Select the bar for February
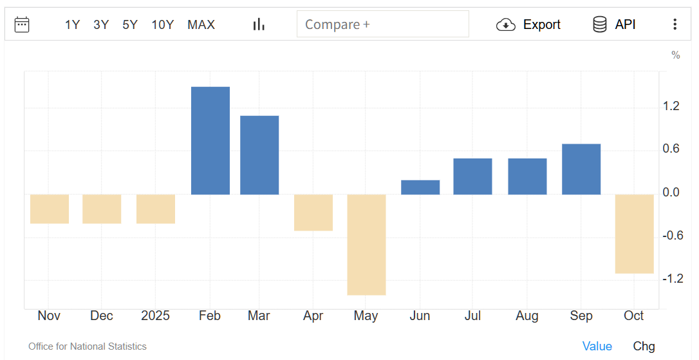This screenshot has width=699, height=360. (x=210, y=140)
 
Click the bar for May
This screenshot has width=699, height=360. (x=366, y=245)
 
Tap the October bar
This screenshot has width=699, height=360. (x=634, y=234)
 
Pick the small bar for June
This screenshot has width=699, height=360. (x=420, y=187)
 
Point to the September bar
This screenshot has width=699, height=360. (x=581, y=169)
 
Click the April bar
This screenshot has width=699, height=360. (x=313, y=213)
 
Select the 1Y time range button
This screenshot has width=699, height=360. (x=72, y=24)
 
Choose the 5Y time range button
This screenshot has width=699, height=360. (x=130, y=24)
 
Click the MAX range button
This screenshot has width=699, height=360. (x=201, y=24)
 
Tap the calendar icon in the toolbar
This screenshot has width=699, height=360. (x=22, y=24)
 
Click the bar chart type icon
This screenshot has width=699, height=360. (x=259, y=24)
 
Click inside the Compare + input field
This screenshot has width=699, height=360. (x=382, y=24)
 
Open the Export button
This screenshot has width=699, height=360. (x=528, y=24)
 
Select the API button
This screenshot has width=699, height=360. (x=614, y=24)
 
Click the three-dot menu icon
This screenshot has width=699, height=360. (x=675, y=24)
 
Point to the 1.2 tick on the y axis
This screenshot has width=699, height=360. (x=671, y=106)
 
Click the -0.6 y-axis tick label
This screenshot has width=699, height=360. (x=672, y=235)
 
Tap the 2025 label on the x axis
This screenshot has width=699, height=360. (x=155, y=316)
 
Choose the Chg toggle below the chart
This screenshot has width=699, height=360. (x=644, y=346)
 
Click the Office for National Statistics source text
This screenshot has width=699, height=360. (x=88, y=346)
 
